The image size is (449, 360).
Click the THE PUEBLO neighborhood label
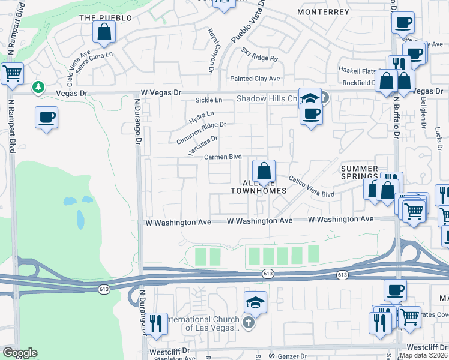tap(106, 18)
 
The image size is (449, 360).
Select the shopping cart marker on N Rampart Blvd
tap(11, 74)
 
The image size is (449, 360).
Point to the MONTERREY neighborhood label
tap(323, 11)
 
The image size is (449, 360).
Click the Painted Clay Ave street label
tap(256, 79)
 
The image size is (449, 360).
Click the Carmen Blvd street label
tap(223, 157)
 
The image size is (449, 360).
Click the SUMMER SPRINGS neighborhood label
tap(360, 173)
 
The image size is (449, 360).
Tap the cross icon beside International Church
tap(249, 323)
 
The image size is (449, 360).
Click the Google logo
tap(20, 353)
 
